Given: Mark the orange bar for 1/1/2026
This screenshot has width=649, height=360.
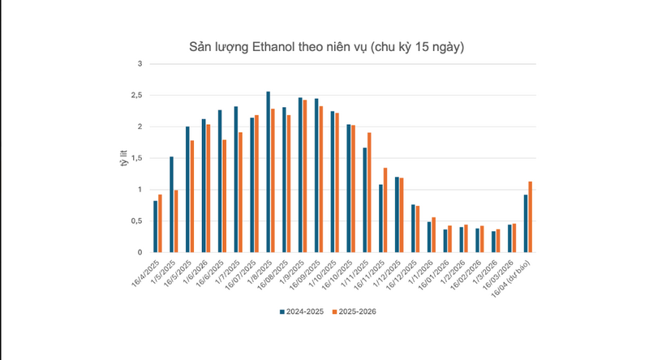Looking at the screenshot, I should [434, 234].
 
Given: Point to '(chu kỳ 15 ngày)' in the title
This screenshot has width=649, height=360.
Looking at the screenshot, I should [417, 46].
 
